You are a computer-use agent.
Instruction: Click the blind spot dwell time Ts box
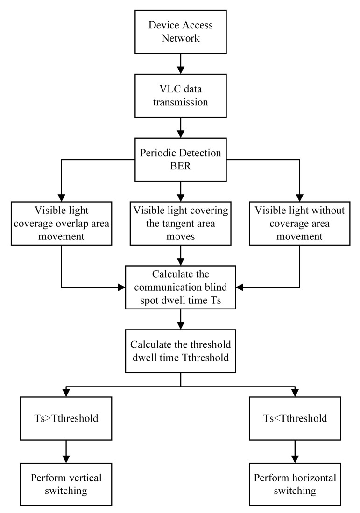coord(180,287)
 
